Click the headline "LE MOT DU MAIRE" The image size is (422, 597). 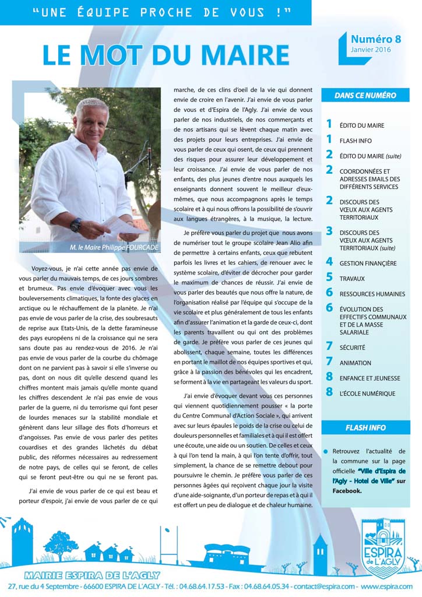[166, 55]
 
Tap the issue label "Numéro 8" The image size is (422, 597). [375, 39]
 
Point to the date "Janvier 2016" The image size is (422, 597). [371, 50]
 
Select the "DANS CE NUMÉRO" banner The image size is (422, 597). [365, 95]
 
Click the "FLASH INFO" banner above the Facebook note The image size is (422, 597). [365, 427]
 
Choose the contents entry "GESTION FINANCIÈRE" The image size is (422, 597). [368, 264]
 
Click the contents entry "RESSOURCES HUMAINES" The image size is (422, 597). [372, 294]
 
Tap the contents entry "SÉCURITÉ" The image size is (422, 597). [352, 347]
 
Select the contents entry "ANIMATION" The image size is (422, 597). [356, 363]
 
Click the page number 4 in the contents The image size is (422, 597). [329, 262]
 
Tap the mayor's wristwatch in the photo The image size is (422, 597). [76, 224]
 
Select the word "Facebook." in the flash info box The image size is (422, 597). [347, 491]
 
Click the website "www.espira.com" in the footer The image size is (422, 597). [387, 586]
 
